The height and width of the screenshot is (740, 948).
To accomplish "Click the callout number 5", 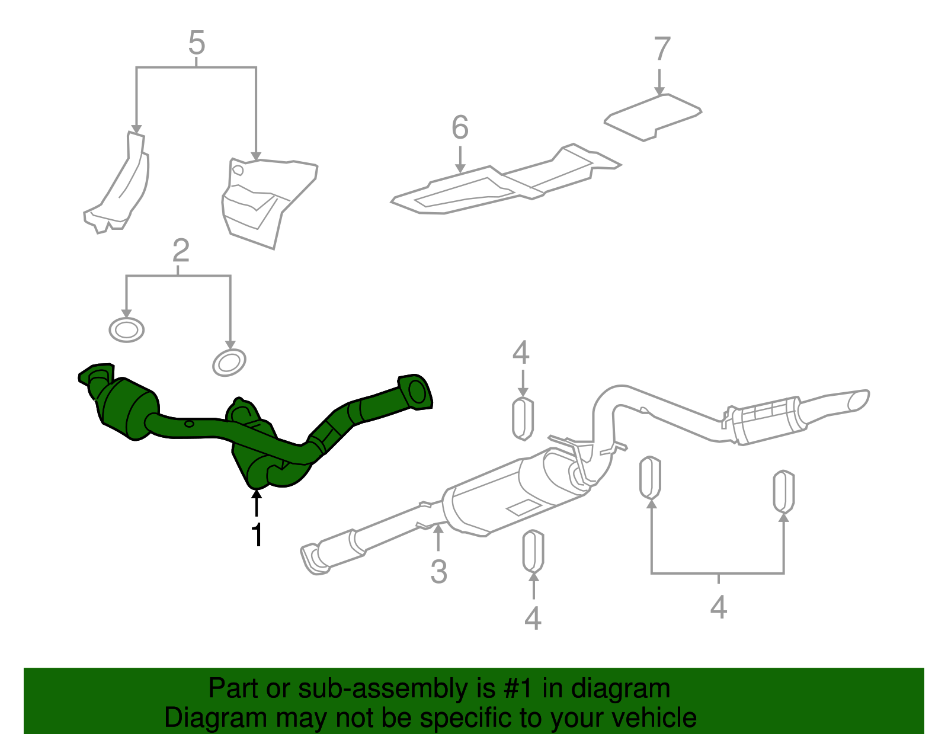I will click(x=197, y=44).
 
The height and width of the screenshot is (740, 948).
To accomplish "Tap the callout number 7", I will click(x=662, y=49).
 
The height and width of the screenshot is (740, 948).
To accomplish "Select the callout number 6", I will click(x=460, y=128).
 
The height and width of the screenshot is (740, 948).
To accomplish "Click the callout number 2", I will click(x=181, y=251).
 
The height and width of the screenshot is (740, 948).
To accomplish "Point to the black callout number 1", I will click(x=257, y=535).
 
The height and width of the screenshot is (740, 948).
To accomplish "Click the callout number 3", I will click(x=438, y=572).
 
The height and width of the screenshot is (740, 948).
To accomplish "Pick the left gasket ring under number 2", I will click(x=127, y=329).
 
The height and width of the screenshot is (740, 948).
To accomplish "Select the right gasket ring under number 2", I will click(x=229, y=363).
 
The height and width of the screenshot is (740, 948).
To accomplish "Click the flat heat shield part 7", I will click(x=653, y=118).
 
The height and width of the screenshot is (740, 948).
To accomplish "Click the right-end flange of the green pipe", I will click(x=416, y=392).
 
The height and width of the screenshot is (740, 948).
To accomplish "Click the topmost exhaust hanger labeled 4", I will click(x=522, y=418).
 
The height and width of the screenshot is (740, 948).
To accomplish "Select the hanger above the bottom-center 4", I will click(x=533, y=551).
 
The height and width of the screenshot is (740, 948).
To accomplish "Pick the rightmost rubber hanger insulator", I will click(x=783, y=491).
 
